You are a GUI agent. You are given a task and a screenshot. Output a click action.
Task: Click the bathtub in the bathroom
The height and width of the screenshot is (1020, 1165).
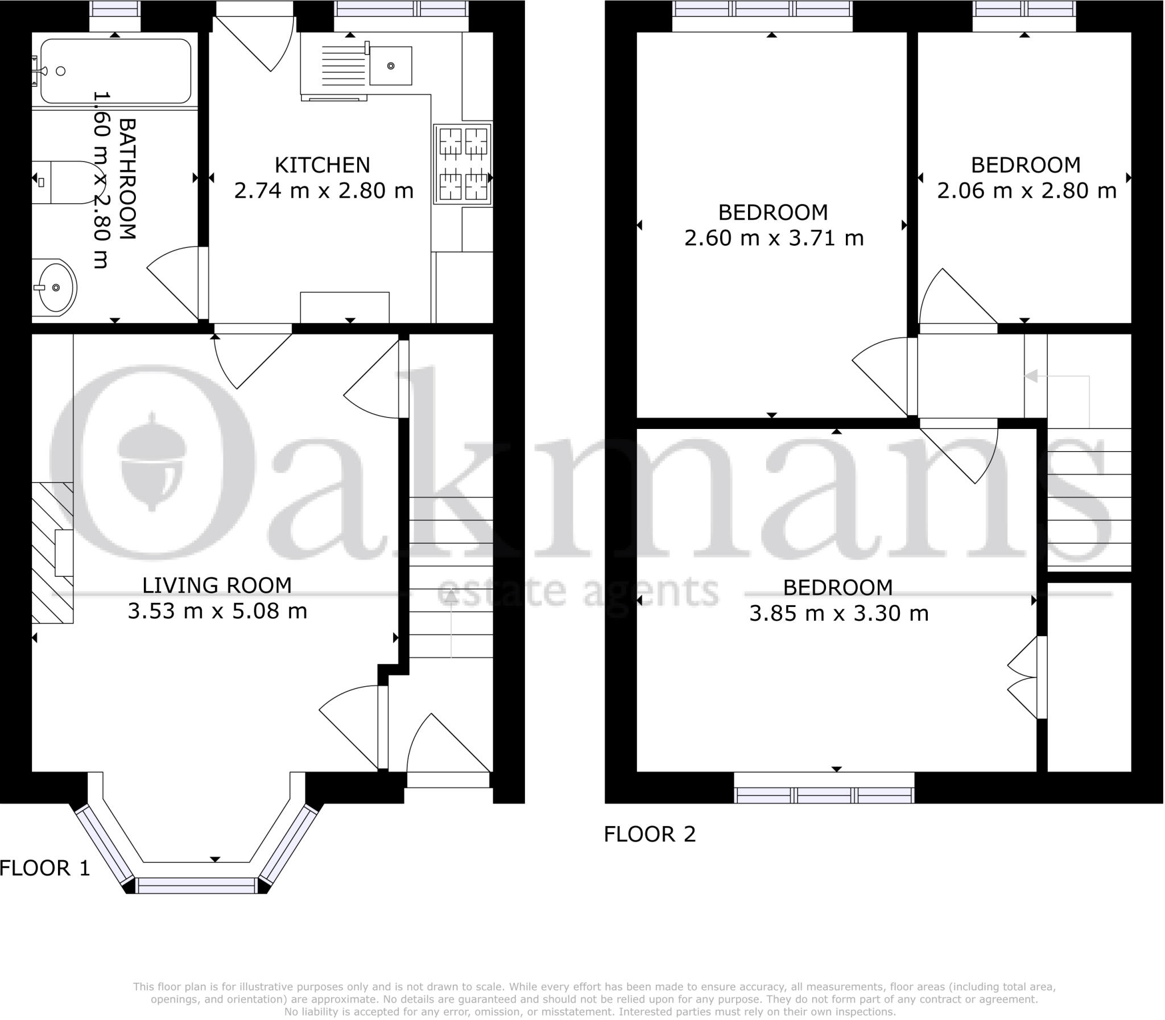pos(115,71)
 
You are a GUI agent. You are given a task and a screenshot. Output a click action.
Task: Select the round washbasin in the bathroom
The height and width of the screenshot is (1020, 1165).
pos(53,287)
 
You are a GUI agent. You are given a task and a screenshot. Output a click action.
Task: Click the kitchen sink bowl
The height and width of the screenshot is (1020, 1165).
pos(390,66)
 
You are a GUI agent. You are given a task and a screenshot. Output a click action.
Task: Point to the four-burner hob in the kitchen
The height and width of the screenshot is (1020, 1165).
pos(462,164)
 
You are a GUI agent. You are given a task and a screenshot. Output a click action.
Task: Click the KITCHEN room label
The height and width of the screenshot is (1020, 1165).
pos(322,165)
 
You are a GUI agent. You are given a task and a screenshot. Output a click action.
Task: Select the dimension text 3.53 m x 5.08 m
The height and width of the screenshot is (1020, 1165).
pos(217,612)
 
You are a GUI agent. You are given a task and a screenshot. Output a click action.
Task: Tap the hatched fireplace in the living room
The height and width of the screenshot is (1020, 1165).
pos(52,552)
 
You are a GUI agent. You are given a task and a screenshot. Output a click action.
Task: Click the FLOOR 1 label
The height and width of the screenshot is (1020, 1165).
pos(45,868)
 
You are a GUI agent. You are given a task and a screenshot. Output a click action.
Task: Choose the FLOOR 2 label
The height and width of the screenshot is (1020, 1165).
pos(650,835)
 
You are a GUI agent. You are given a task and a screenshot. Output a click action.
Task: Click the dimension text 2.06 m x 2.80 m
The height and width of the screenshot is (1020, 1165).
pos(1026,191)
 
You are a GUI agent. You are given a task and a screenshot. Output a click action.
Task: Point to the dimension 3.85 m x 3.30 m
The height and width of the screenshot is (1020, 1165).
pos(838,614)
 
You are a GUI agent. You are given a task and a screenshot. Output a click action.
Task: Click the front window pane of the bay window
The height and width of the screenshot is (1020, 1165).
pos(196,886)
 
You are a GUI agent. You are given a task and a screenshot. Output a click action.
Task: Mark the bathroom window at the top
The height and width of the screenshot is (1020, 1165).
pos(115,9)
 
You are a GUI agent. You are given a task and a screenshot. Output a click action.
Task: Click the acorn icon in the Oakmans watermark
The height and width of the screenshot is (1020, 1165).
pos(151,461)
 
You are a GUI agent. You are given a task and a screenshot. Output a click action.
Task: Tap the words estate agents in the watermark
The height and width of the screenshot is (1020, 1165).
pos(577,591)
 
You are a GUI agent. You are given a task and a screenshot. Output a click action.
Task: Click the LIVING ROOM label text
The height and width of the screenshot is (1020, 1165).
pos(217,585)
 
